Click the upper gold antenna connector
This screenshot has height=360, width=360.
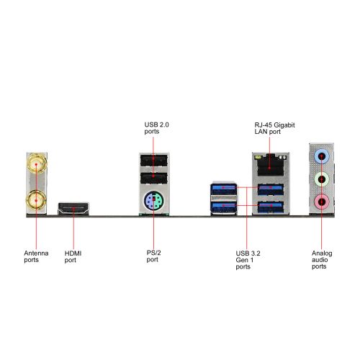(x=37, y=164)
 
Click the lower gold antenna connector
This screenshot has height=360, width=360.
(x=37, y=200)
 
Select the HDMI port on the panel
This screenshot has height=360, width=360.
(x=73, y=208)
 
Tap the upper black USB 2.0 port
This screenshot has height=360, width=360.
(x=154, y=161)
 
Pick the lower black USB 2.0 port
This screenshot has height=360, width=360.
(x=154, y=179)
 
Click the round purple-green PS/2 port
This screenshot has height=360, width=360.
(x=153, y=200)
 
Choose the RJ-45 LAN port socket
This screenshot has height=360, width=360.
(x=270, y=166)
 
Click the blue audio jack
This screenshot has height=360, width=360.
(x=321, y=157)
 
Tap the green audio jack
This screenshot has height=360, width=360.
(x=321, y=179)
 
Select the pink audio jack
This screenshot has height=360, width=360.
(x=321, y=202)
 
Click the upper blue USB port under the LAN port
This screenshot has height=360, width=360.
(x=271, y=189)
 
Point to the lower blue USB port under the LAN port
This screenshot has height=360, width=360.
(x=271, y=207)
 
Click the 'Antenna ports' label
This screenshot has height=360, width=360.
(x=36, y=256)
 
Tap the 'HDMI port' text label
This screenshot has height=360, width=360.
(x=73, y=257)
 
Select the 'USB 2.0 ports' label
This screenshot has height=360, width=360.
(x=156, y=128)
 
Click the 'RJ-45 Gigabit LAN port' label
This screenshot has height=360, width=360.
(x=274, y=128)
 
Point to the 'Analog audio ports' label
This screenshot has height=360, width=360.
(x=322, y=260)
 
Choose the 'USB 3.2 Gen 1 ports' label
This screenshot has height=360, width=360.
(x=248, y=260)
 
